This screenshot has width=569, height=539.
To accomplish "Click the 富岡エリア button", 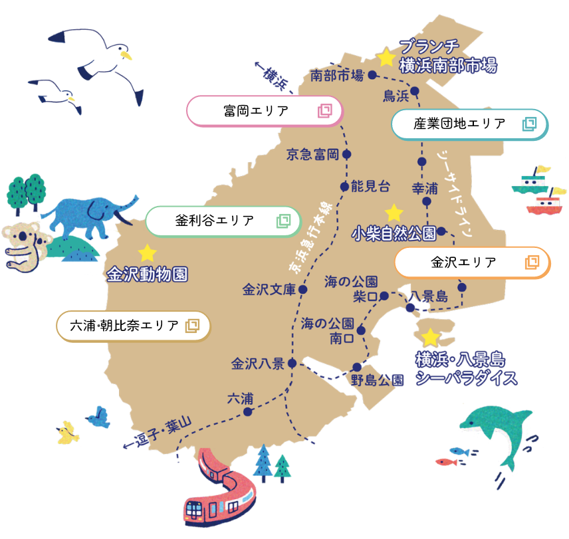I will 265,111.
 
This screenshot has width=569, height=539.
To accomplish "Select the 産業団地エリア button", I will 470,124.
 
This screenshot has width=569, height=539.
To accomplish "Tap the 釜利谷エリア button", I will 223,221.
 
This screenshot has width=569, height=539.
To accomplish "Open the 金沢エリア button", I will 472,262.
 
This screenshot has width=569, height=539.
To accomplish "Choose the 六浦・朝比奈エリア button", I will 133,326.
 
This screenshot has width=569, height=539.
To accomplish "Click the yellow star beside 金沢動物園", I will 147,253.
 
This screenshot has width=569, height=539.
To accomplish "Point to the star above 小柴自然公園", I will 394,213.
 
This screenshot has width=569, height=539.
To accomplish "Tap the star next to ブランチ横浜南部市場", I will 386,57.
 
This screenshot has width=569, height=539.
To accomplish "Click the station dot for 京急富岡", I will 347,155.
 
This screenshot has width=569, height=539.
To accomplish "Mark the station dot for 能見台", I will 344,187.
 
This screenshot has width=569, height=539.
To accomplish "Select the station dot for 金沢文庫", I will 302,290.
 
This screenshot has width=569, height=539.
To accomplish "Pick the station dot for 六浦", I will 248,411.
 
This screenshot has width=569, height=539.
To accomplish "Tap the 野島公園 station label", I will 377,380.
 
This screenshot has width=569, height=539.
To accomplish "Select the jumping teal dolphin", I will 499,432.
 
